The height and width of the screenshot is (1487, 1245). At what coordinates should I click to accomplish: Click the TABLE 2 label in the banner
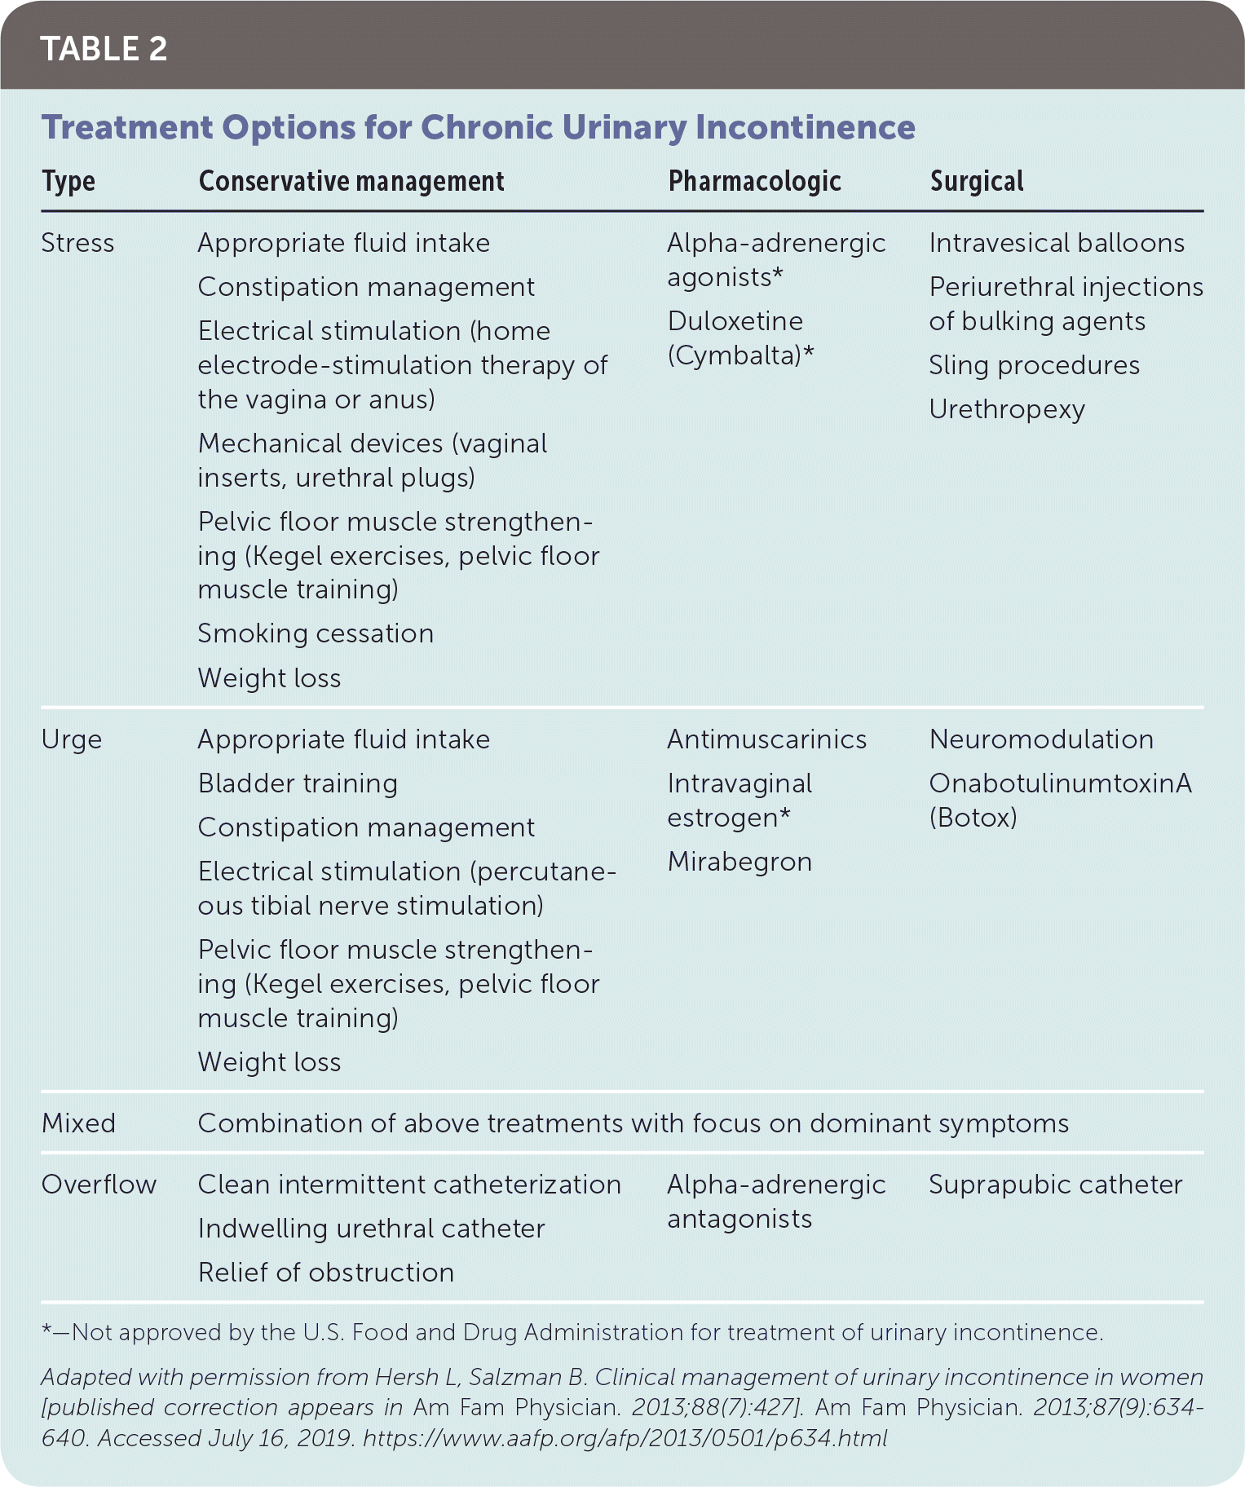(x=104, y=49)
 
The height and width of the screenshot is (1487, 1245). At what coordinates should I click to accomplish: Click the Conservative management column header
(x=351, y=182)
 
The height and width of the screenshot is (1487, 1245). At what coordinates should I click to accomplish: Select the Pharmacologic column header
(x=754, y=182)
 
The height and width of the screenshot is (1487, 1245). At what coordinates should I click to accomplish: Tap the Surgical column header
(x=976, y=182)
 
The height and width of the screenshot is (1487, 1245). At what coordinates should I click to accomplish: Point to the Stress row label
(x=77, y=243)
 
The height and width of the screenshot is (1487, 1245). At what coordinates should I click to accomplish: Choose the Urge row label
(x=72, y=739)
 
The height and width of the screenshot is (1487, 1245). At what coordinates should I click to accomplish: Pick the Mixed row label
(x=78, y=1123)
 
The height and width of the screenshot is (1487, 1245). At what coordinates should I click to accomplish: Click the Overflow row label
(x=99, y=1185)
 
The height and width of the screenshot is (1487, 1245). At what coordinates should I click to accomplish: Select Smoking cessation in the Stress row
(x=316, y=633)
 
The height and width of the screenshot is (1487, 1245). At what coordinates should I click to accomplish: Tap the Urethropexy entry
(x=1007, y=409)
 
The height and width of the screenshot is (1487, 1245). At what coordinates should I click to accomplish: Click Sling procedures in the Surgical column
(x=1034, y=365)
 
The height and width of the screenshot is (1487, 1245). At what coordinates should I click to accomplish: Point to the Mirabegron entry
(x=739, y=862)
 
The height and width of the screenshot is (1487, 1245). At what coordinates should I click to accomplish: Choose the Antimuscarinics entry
(x=766, y=739)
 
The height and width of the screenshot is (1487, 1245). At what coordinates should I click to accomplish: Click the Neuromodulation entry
(x=1041, y=739)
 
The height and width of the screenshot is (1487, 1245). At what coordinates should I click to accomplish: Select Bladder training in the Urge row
(x=298, y=783)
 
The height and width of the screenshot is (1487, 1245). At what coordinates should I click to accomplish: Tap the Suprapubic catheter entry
(x=1055, y=1185)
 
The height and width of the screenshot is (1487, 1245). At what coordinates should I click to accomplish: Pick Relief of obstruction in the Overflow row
(x=325, y=1273)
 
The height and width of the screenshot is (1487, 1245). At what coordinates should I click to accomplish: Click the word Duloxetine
(x=735, y=321)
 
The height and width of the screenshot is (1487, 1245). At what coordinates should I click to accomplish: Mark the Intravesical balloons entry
(x=1057, y=243)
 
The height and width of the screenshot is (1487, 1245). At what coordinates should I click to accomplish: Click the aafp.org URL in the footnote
(x=625, y=1438)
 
